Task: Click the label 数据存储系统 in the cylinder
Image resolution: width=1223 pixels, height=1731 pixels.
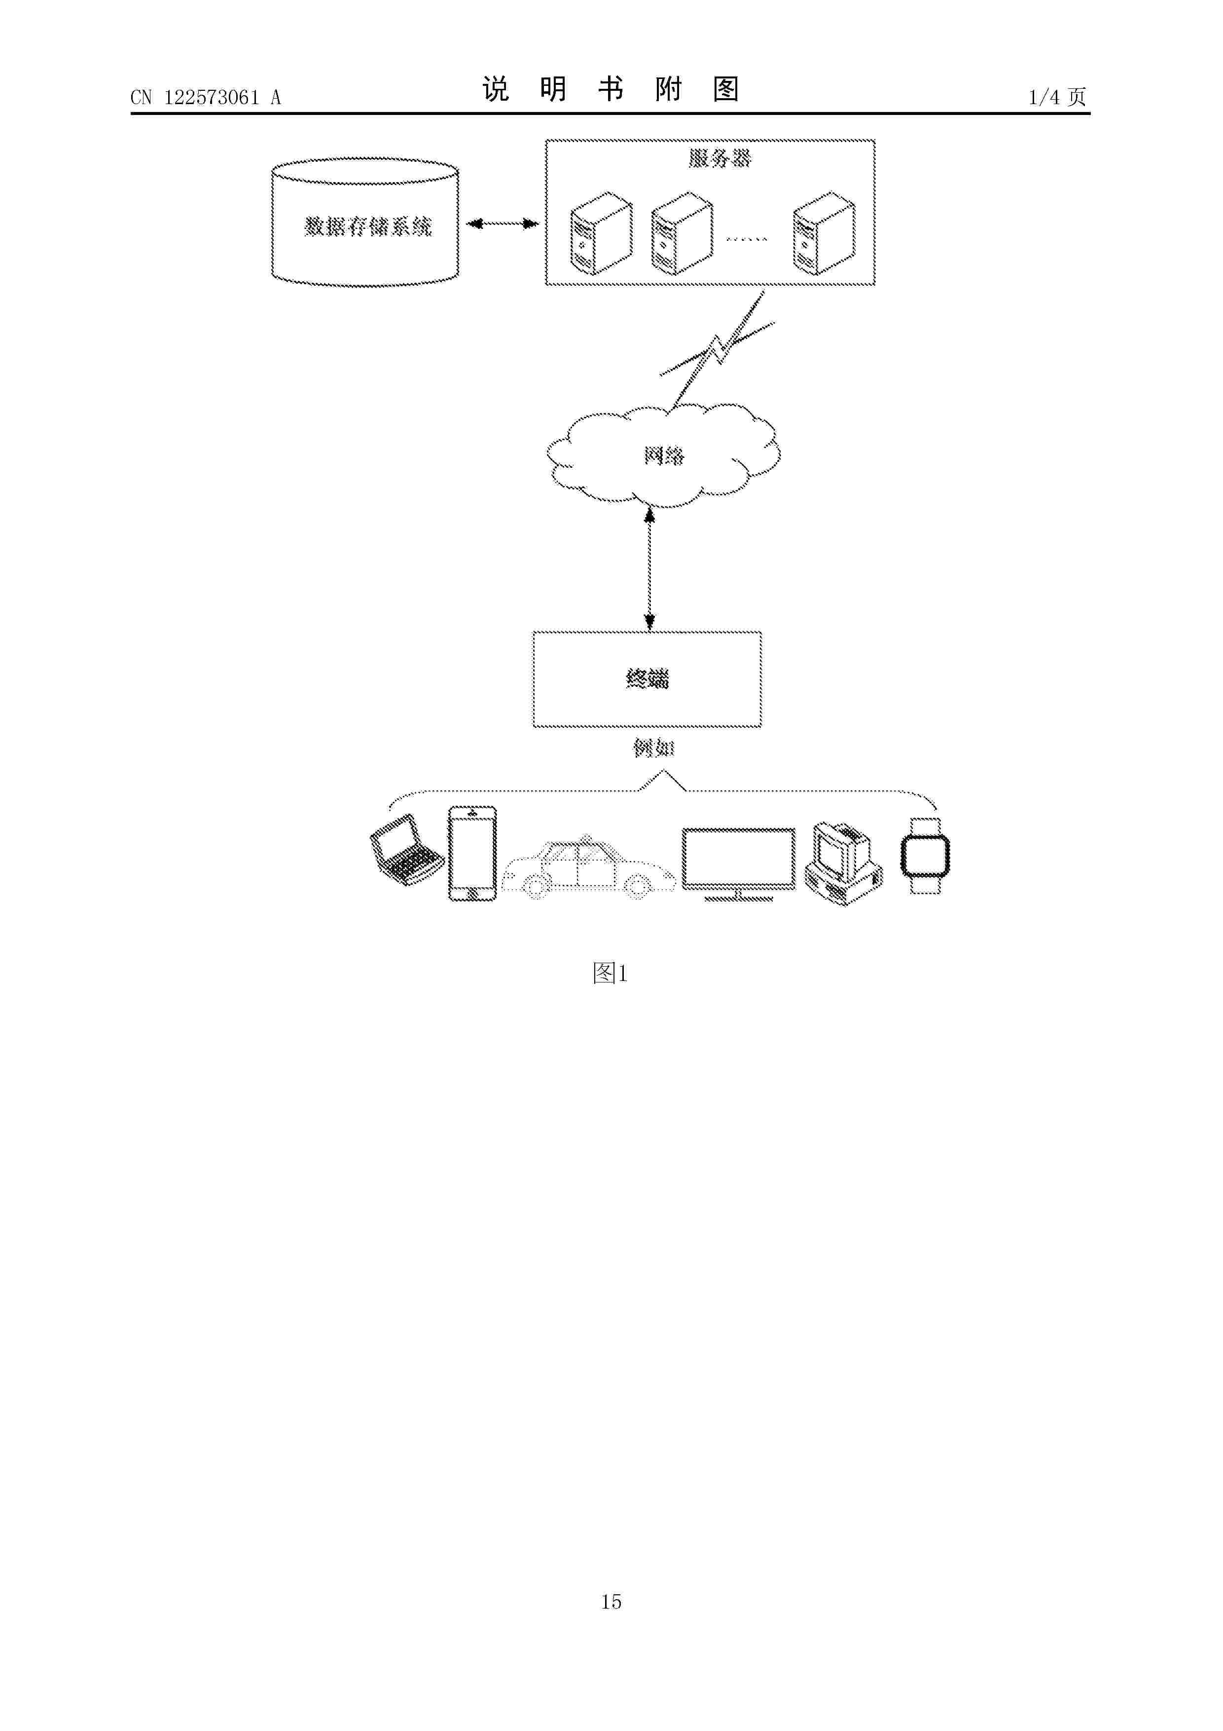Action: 368,226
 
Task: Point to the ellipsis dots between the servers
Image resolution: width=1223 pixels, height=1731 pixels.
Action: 747,239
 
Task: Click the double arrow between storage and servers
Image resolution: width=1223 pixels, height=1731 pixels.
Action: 503,224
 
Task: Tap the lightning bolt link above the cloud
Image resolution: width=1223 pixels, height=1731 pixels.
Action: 717,350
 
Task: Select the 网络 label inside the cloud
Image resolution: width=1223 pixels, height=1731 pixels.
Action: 664,455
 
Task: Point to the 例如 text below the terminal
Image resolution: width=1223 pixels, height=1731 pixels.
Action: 653,748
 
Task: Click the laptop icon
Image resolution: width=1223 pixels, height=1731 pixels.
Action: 407,850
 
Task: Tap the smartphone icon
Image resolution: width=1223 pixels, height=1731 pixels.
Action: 472,854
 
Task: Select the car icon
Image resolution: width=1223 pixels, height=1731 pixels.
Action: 588,868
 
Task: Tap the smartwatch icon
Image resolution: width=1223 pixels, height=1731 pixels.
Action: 925,856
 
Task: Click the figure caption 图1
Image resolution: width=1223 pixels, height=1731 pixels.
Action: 611,973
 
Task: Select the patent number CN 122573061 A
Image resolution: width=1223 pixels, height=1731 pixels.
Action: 206,97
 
